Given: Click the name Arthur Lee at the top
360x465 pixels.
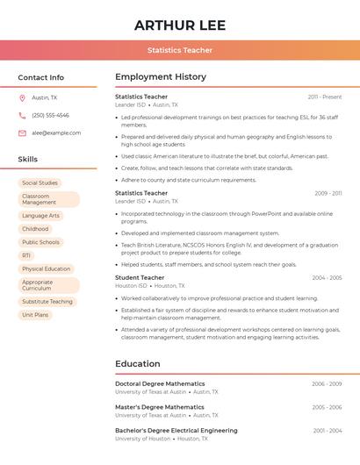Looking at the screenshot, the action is [x=180, y=25].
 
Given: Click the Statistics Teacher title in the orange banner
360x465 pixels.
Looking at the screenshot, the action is [x=180, y=50].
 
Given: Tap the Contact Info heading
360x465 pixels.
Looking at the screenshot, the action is [x=41, y=77].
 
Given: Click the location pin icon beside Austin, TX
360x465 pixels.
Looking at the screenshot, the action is [x=22, y=98].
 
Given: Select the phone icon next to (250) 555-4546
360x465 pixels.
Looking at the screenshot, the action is [x=22, y=115].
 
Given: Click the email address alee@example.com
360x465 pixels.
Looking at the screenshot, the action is [x=56, y=132].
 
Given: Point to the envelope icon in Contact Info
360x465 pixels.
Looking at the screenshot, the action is [x=22, y=132].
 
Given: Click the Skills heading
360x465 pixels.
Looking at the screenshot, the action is [x=28, y=159].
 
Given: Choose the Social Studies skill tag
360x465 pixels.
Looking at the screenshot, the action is [x=40, y=182].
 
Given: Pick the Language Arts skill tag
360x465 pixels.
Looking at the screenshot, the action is [x=40, y=215].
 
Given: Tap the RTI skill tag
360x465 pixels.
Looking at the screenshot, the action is [x=26, y=255].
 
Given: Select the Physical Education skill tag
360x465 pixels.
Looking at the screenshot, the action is [x=46, y=268].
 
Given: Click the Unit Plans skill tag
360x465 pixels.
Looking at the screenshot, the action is [x=35, y=314].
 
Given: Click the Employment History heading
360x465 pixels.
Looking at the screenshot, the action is [x=161, y=77].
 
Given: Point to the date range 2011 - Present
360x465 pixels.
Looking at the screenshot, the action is [x=325, y=97].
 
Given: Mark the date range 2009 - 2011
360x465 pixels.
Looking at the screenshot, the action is [x=328, y=193].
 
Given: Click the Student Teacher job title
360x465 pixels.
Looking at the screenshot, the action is [x=140, y=277].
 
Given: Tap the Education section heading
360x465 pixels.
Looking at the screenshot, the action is [x=138, y=364].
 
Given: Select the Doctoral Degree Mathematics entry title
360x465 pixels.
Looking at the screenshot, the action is [x=160, y=383].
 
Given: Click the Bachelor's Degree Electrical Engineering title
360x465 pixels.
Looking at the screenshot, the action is [x=176, y=431].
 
